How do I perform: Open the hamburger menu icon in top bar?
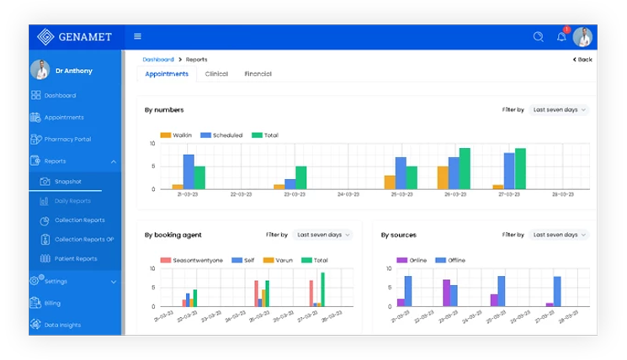click(138, 37)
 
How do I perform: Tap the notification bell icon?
click(561, 37)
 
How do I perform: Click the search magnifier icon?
click(539, 37)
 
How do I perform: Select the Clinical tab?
click(216, 74)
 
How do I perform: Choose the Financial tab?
click(258, 74)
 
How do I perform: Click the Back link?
click(582, 60)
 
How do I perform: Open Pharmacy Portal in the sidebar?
click(67, 139)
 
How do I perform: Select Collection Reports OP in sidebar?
click(84, 240)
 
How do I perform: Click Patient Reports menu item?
click(76, 259)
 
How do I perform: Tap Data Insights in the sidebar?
click(63, 325)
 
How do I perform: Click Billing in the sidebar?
click(52, 303)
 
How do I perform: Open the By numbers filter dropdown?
click(559, 109)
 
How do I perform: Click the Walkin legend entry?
click(177, 135)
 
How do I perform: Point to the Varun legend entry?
click(280, 260)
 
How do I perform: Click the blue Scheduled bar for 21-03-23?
click(189, 171)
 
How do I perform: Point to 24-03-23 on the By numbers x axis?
click(348, 194)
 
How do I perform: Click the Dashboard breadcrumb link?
click(157, 60)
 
